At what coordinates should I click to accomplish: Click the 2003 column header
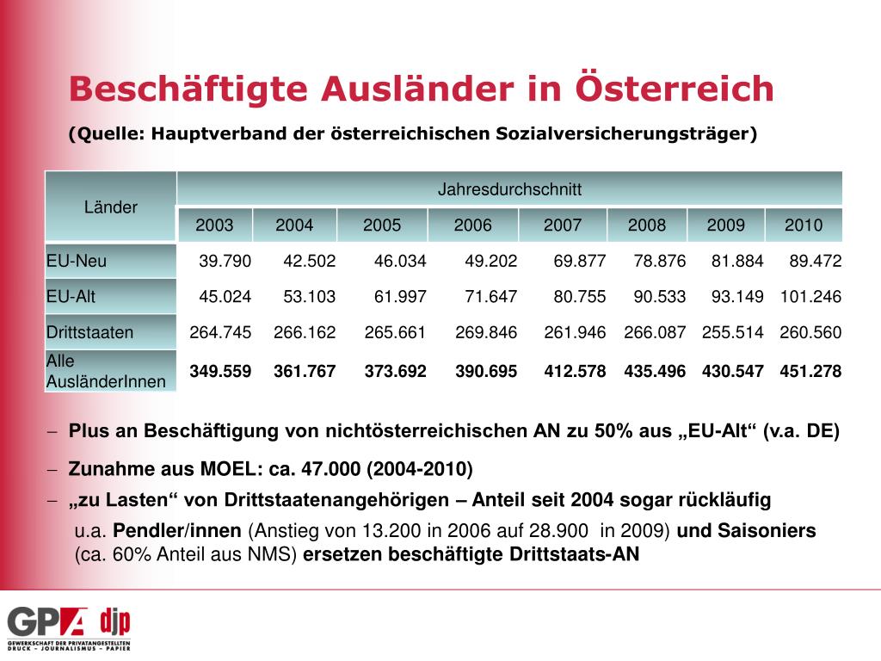[214, 225]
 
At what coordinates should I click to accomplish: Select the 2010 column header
[804, 225]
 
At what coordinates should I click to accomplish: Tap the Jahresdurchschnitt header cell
[509, 188]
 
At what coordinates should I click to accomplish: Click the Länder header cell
[110, 207]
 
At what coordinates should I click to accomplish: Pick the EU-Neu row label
[77, 261]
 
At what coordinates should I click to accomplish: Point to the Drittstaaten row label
[89, 332]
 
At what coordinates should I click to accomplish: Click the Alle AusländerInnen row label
[105, 371]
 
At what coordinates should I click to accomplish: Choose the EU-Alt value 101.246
[810, 297]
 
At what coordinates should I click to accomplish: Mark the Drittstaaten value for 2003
[220, 332]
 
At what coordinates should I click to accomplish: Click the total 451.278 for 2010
[810, 372]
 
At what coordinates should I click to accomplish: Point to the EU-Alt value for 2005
[400, 297]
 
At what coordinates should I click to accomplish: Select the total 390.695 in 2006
[486, 372]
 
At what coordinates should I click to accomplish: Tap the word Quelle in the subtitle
[107, 133]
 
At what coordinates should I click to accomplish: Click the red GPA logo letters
[47, 622]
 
